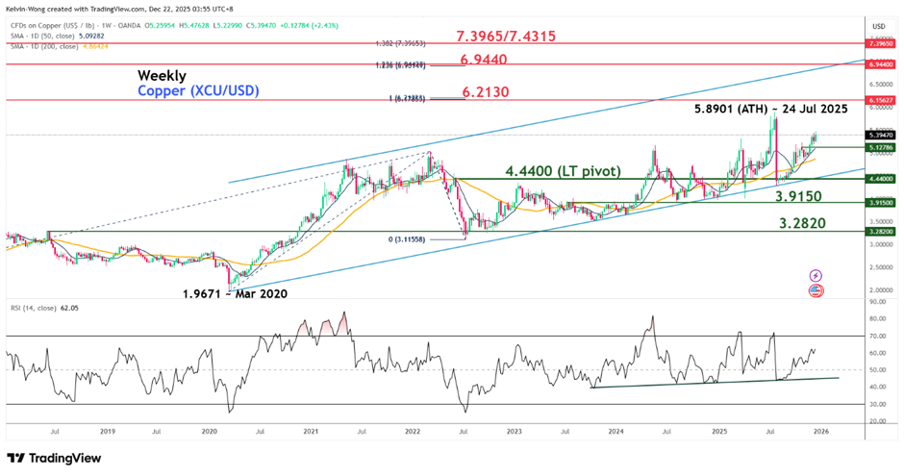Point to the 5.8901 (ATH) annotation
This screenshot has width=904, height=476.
[x=770, y=110]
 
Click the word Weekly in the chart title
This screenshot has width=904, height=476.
[x=162, y=75]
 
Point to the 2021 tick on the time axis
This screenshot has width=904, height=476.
[x=311, y=432]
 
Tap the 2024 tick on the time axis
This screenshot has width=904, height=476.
[x=615, y=432]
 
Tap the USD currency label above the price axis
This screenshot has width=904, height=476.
[x=877, y=25]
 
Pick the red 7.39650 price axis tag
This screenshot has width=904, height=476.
[x=880, y=43]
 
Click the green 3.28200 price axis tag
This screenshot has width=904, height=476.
[x=880, y=232]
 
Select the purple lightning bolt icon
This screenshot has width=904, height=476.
[x=816, y=276]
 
